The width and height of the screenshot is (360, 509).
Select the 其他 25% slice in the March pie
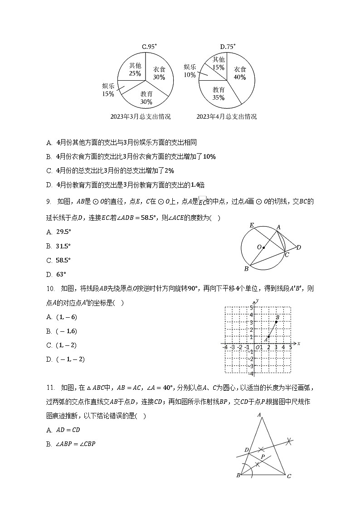coord(135,69)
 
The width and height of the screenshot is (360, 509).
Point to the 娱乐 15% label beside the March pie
coord(108,90)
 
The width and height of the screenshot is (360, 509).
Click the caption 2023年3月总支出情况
coord(141,116)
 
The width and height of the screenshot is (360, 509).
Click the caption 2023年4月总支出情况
coord(227,116)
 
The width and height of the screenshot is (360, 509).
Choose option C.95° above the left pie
coord(149,46)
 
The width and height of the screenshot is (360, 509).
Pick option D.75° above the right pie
coord(228,46)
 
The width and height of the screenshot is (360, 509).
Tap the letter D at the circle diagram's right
coord(298,247)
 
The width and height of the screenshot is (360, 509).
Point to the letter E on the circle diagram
coord(252,225)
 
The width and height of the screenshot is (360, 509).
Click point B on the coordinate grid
coord(276,321)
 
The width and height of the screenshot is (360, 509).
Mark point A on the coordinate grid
coord(269,336)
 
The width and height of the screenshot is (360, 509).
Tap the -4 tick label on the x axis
coord(225,347)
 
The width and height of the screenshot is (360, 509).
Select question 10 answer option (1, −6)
coord(66,317)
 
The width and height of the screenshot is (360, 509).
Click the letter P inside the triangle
coord(263,457)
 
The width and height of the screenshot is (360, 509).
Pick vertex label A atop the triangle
coord(259,414)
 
